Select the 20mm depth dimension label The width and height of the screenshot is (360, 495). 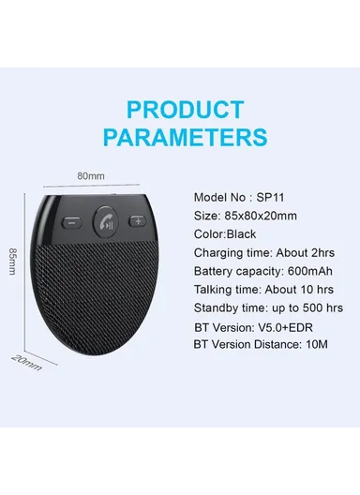26,361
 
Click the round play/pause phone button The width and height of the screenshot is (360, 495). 107,224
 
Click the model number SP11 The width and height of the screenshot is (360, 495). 268,199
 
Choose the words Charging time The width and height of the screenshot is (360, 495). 231,253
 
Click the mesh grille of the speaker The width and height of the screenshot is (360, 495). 103,300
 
